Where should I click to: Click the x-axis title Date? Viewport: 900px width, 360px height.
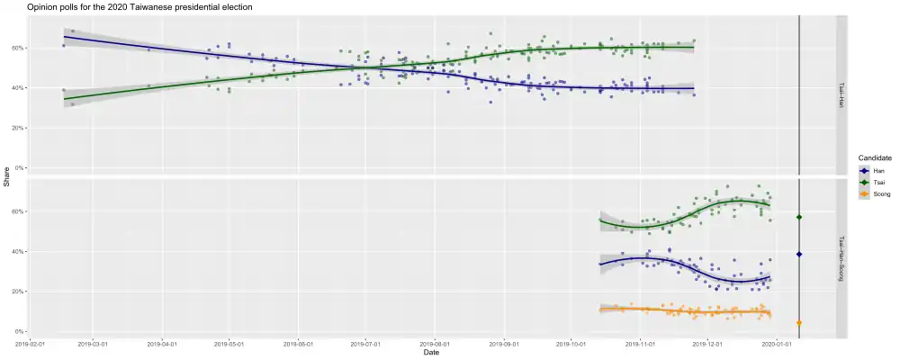(x=432, y=352)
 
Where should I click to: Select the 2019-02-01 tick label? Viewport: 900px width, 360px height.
(x=31, y=344)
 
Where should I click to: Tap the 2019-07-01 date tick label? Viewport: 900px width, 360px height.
(x=365, y=344)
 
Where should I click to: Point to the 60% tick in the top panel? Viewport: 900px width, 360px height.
(x=18, y=48)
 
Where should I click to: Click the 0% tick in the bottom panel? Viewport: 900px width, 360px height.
(x=20, y=332)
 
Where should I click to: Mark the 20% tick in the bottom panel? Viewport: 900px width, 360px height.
(x=18, y=292)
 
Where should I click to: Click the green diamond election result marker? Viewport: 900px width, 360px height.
(x=799, y=218)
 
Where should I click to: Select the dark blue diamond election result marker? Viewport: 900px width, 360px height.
(x=799, y=255)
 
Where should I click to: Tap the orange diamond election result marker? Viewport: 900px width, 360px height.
(x=799, y=322)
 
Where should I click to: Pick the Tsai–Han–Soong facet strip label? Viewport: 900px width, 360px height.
(x=841, y=259)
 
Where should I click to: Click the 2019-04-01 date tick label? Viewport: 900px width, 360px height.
(x=162, y=344)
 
